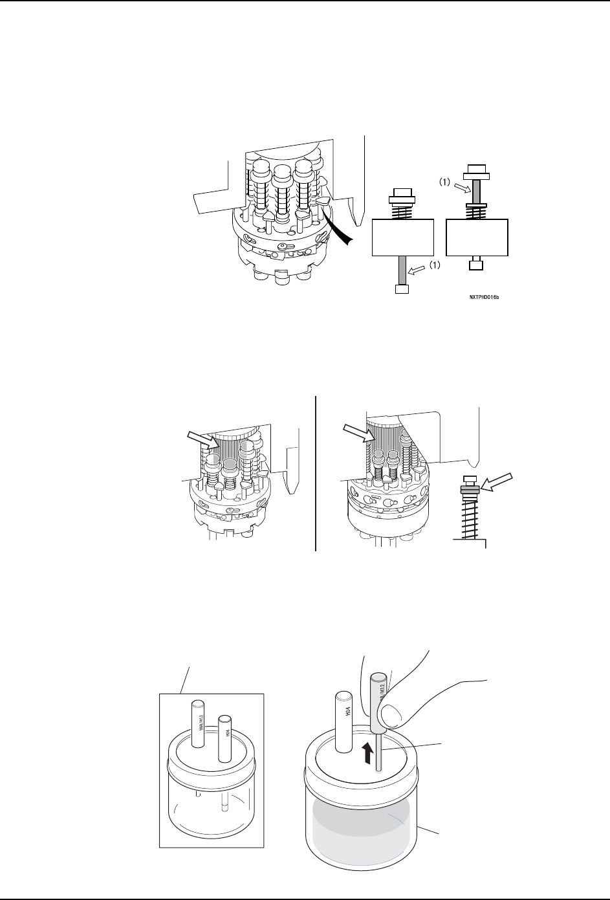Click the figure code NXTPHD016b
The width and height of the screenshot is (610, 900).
point(486,298)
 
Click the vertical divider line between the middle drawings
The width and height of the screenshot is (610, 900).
point(316,472)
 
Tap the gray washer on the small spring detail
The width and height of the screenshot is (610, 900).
point(470,490)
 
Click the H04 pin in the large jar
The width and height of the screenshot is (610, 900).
point(342,722)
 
